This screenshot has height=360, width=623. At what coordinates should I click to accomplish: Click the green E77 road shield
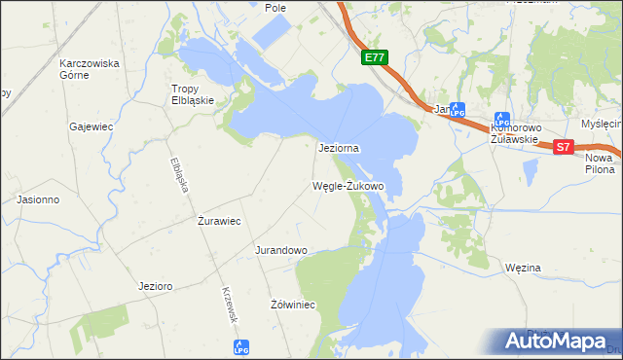pos(375,58)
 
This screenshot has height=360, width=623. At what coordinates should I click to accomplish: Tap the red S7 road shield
pos(565,147)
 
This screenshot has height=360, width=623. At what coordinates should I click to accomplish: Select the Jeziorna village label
pos(340,149)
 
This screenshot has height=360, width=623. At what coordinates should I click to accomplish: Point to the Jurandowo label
pos(281,250)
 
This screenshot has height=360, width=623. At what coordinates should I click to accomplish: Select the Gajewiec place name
pos(92,126)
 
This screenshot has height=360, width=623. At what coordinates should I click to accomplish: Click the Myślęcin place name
pos(601,124)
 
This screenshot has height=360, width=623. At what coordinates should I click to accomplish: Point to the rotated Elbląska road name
pos(178,174)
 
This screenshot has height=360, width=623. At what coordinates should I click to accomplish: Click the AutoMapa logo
pos(558,341)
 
